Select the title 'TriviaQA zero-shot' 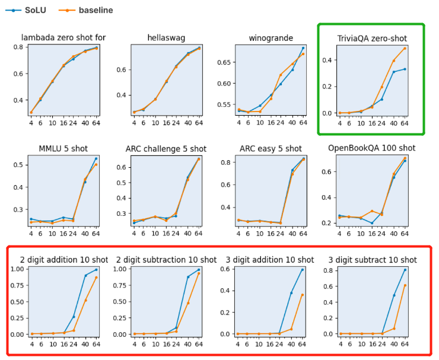(371, 39)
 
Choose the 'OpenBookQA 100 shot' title (371, 148)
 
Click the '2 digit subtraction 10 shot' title (166, 260)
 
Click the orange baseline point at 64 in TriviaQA (405, 49)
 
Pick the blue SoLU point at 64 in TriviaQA (405, 69)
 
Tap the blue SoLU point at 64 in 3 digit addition (303, 270)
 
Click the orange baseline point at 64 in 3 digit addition (303, 295)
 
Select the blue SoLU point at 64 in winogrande (303, 48)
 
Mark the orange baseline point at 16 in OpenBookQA (372, 211)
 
